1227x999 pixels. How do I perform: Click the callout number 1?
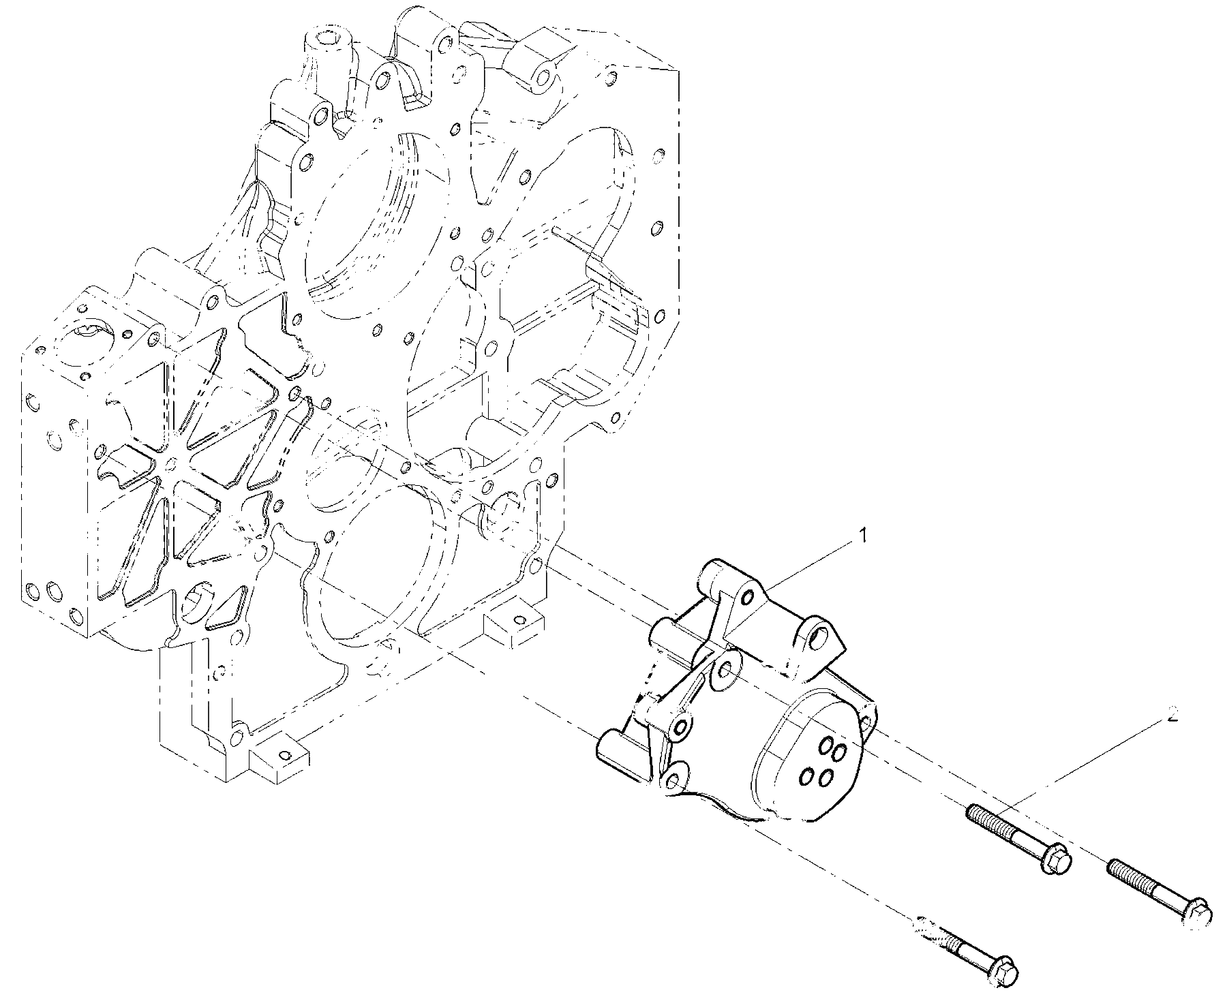pyautogui.click(x=863, y=536)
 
